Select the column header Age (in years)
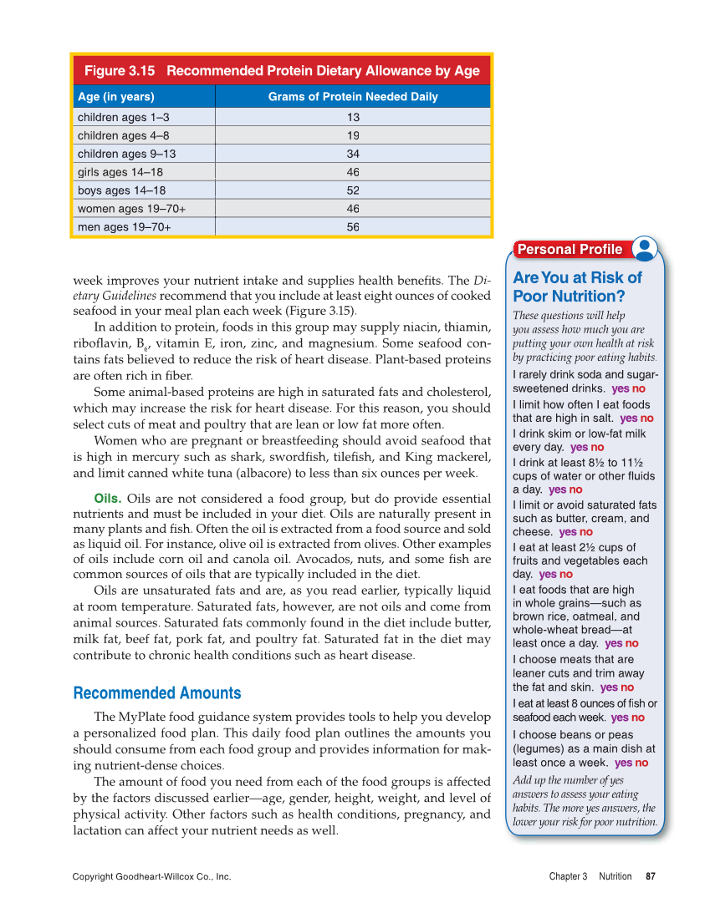tap(115, 97)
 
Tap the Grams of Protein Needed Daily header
tap(352, 97)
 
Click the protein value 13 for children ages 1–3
tap(353, 118)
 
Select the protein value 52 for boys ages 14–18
tap(353, 190)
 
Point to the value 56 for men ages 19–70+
tap(353, 227)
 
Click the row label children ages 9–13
tap(126, 154)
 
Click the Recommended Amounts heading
tap(157, 693)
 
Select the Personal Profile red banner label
tap(570, 249)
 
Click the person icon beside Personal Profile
tap(645, 248)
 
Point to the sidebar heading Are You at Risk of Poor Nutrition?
tap(577, 287)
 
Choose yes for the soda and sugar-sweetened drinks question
tap(620, 389)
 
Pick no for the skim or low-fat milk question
tap(597, 448)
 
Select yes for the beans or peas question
tap(623, 763)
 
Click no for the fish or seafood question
tap(638, 718)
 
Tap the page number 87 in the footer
tap(650, 876)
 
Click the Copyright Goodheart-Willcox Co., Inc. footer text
tap(151, 876)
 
